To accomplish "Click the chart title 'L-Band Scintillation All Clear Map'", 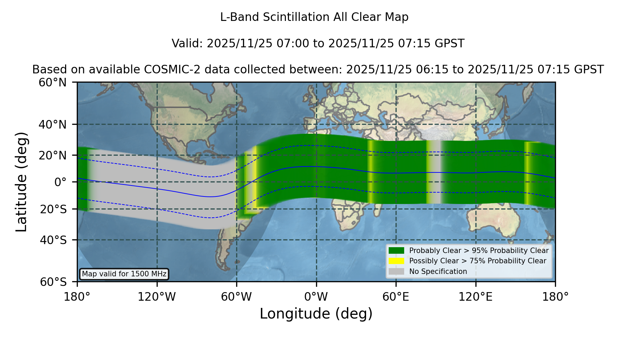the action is click(x=314, y=17).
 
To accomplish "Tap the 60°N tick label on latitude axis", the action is click(x=52, y=83).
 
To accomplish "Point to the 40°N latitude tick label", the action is click(x=52, y=124).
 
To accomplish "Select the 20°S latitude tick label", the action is click(x=53, y=209).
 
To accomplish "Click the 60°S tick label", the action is click(x=53, y=282).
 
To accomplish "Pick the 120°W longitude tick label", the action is click(x=157, y=297).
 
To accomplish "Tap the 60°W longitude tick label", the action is click(x=237, y=297).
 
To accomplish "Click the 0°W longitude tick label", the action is click(x=316, y=297).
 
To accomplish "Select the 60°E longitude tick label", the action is click(x=396, y=297).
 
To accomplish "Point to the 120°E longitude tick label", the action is click(x=476, y=297).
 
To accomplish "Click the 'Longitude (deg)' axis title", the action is click(x=316, y=314).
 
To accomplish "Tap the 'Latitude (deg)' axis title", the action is click(x=22, y=182).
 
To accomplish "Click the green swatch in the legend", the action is click(x=397, y=250).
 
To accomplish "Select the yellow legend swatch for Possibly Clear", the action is click(x=397, y=261).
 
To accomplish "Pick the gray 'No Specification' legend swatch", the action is click(x=397, y=272).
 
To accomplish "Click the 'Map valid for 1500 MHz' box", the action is click(x=124, y=274).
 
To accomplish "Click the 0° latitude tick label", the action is click(x=60, y=182).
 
